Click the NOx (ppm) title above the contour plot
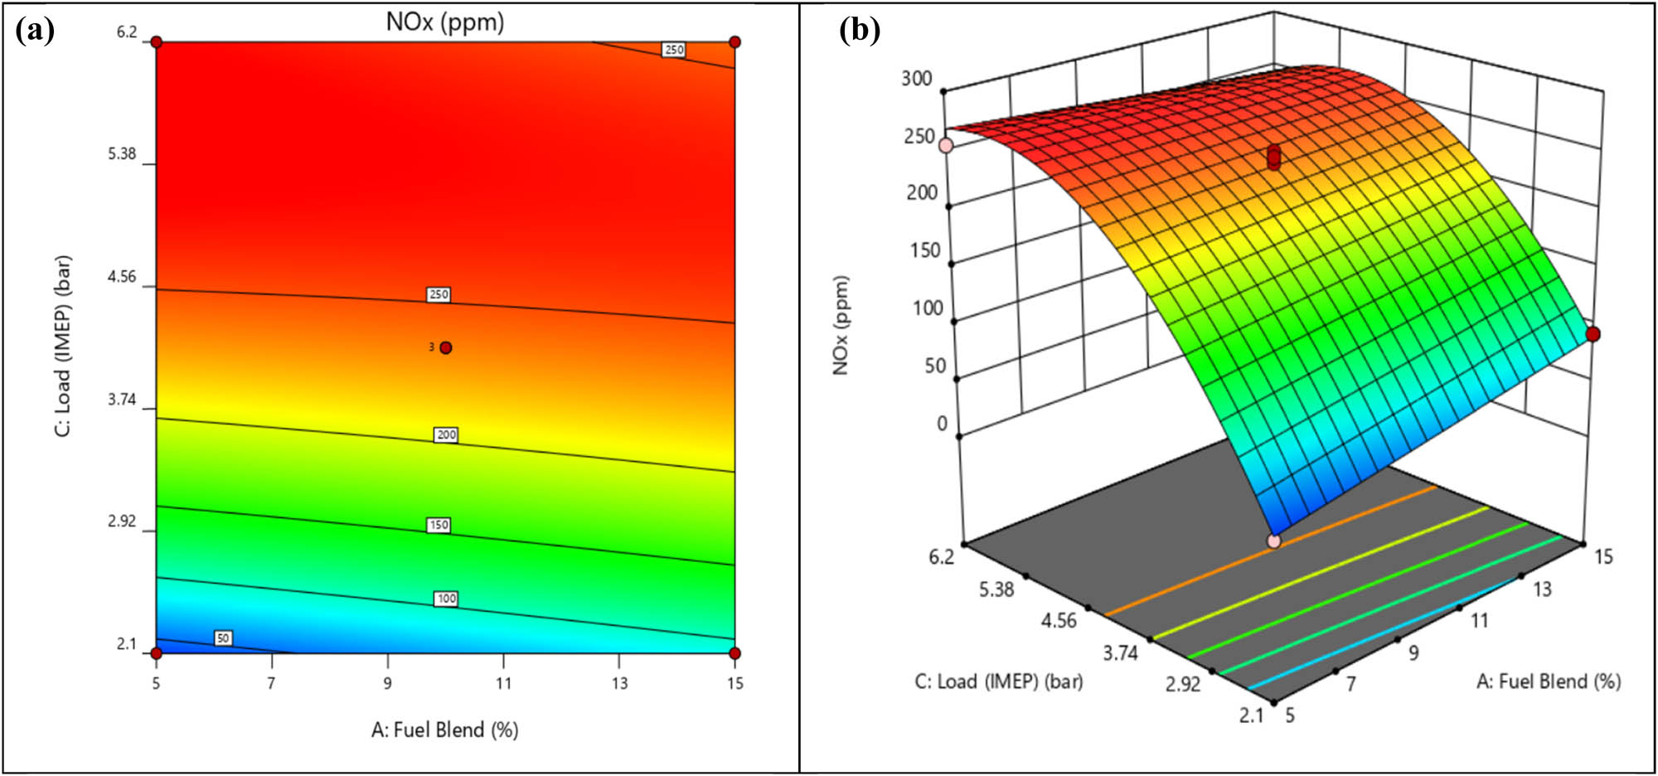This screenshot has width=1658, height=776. [445, 22]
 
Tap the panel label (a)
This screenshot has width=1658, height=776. [35, 31]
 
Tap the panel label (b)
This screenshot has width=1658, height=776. [860, 31]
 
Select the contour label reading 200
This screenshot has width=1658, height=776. [446, 434]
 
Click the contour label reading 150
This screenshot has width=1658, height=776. [439, 525]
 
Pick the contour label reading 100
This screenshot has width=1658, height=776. [446, 599]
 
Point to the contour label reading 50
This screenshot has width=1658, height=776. [223, 638]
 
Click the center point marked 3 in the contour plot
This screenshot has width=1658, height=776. [446, 347]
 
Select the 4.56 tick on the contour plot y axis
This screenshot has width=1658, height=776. [122, 277]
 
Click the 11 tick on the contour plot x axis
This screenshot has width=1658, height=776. [503, 683]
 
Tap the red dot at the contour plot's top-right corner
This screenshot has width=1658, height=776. [734, 42]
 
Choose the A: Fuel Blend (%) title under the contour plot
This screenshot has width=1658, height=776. [445, 730]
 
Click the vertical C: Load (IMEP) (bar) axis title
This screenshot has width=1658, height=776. [63, 346]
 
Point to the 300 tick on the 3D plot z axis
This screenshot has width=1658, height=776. [917, 79]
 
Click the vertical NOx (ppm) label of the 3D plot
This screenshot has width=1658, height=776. [841, 326]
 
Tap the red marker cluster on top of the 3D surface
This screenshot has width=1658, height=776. [1274, 158]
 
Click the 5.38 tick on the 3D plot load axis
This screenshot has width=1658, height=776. [996, 589]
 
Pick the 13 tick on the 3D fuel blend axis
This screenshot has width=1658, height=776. [1542, 589]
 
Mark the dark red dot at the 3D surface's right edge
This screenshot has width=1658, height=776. [1593, 334]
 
